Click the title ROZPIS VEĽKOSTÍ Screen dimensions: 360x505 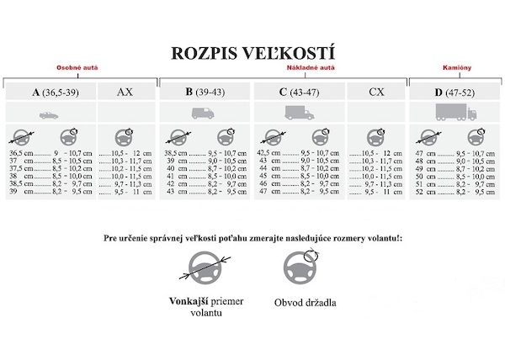[252, 53]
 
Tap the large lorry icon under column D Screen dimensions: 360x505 [455, 113]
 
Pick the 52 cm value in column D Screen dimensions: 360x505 [421, 192]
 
